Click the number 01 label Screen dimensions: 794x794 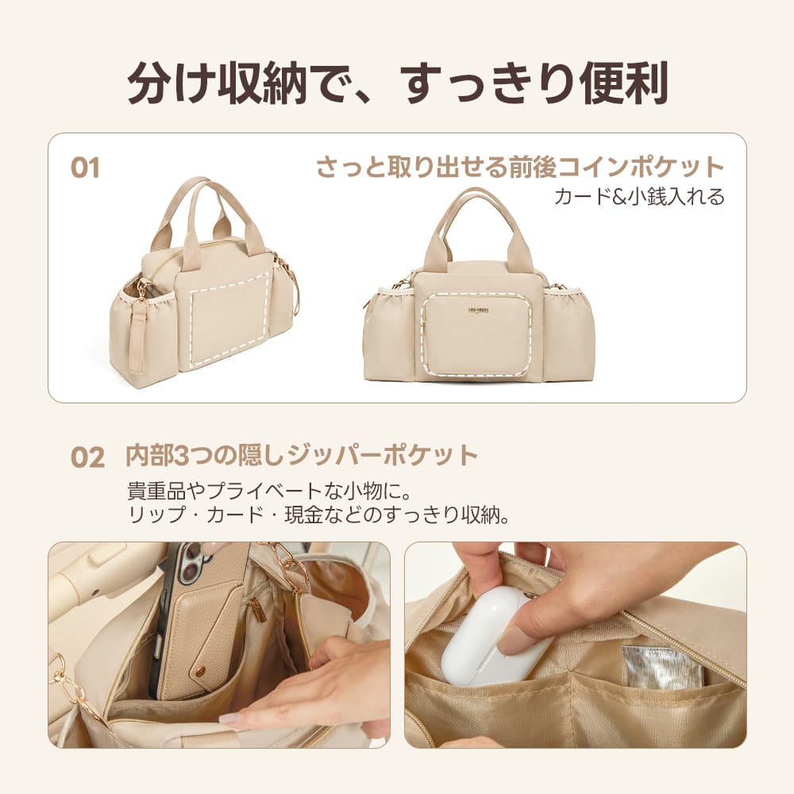tap(85, 169)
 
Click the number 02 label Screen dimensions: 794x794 tap(87, 457)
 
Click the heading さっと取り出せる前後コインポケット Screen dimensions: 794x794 tap(520, 168)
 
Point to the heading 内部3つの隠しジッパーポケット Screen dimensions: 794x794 tap(302, 456)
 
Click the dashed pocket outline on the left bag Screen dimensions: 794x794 tap(229, 320)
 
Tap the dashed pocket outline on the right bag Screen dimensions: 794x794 tap(476, 333)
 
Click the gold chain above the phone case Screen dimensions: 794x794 tap(290, 565)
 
